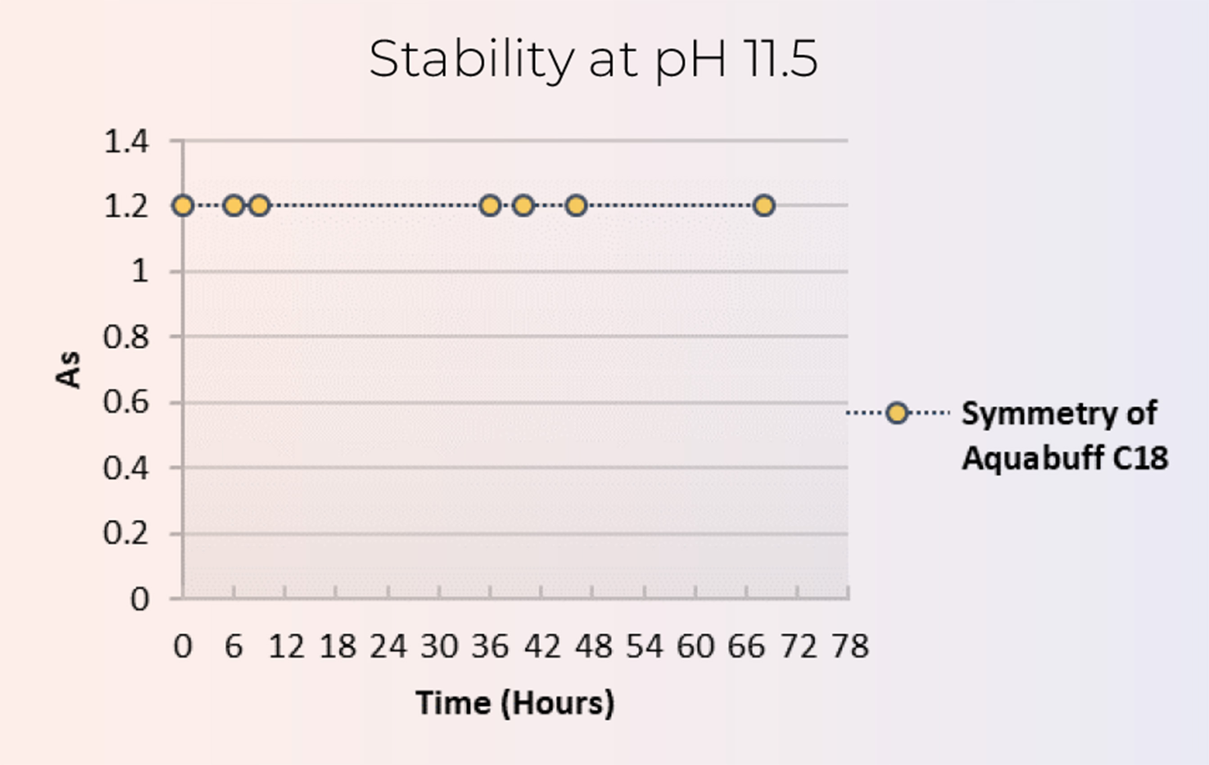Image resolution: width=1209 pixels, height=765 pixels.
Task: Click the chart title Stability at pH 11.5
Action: point(593,59)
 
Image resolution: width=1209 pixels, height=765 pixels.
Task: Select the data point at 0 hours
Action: point(183,205)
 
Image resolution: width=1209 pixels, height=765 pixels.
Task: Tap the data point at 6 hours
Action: point(234,205)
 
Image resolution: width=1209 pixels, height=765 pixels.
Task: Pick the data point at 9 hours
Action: point(259,205)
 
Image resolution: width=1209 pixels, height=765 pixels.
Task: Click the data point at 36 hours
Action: point(490,205)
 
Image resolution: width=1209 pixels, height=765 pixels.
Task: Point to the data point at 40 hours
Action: point(523,205)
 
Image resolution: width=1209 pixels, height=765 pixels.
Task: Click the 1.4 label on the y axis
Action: point(126,141)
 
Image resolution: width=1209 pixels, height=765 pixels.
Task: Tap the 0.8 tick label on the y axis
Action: point(126,337)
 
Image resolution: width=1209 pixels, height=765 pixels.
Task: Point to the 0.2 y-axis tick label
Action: point(126,533)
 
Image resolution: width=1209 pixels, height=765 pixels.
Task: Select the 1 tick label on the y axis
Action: point(140,272)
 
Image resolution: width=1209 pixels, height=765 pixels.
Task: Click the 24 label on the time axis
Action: point(388,646)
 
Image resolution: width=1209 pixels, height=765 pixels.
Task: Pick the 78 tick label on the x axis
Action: point(850,646)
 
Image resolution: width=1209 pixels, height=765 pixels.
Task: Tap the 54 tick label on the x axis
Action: point(644,646)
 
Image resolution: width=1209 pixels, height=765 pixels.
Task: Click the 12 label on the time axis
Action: point(286,646)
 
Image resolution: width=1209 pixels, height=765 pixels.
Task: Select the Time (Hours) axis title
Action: point(515,703)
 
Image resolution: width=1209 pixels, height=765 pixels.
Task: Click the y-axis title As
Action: point(68,370)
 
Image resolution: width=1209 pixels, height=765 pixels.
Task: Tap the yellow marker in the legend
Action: point(897,413)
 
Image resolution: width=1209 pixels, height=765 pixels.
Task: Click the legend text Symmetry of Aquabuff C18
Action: point(1065,435)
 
